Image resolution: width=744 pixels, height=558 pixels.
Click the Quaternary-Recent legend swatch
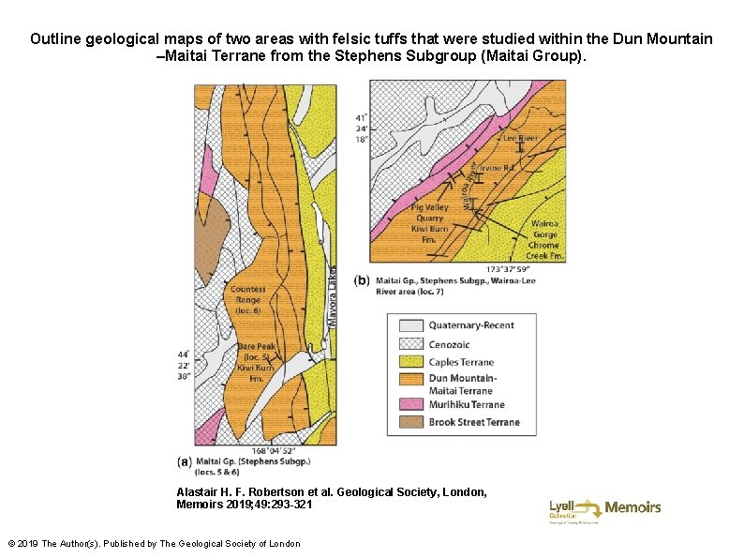point(409,325)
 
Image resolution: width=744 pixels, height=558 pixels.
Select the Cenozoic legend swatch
point(409,343)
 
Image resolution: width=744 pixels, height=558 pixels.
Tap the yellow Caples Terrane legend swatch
point(409,362)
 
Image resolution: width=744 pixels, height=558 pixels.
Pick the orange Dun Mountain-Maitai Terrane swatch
point(409,380)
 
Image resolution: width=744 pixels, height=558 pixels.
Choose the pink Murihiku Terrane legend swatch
point(409,404)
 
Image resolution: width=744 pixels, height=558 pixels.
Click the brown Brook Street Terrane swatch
point(409,422)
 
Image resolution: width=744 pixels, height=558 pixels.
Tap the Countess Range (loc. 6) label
point(247,299)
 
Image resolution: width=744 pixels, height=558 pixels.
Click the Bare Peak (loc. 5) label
point(254,352)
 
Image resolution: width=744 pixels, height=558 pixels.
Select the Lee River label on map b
point(520,138)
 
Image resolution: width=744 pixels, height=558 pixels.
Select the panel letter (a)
point(186,461)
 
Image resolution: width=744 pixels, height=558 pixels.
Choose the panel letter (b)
point(363,279)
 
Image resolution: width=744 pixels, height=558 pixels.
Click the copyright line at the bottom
point(154,544)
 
